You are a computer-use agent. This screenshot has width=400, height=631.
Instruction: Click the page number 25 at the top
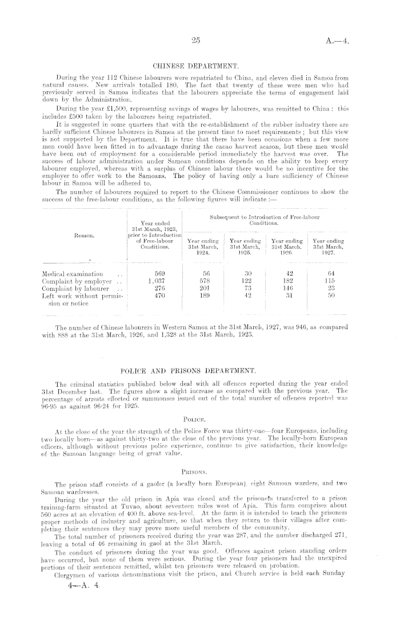pyautogui.click(x=195, y=41)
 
